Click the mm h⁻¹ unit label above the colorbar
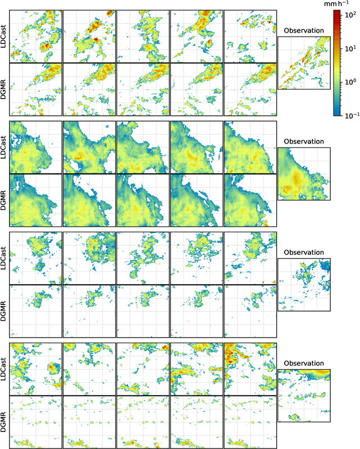pyautogui.click(x=336, y=3)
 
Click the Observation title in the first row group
pyautogui.click(x=304, y=30)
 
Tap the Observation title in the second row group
pyautogui.click(x=304, y=141)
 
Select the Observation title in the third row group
pyautogui.click(x=304, y=252)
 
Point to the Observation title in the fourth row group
pyautogui.click(x=304, y=363)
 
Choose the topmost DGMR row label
pyautogui.click(x=4, y=89)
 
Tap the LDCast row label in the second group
pyautogui.click(x=4, y=147)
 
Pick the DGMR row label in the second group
pyautogui.click(x=4, y=200)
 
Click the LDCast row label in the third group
pyautogui.click(x=4, y=258)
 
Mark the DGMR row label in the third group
pyautogui.click(x=4, y=311)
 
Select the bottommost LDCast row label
pyautogui.click(x=4, y=369)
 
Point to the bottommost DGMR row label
pyautogui.click(x=4, y=422)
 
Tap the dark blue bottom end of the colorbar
pyautogui.click(x=335, y=113)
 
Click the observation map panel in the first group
pyautogui.click(x=304, y=62)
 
